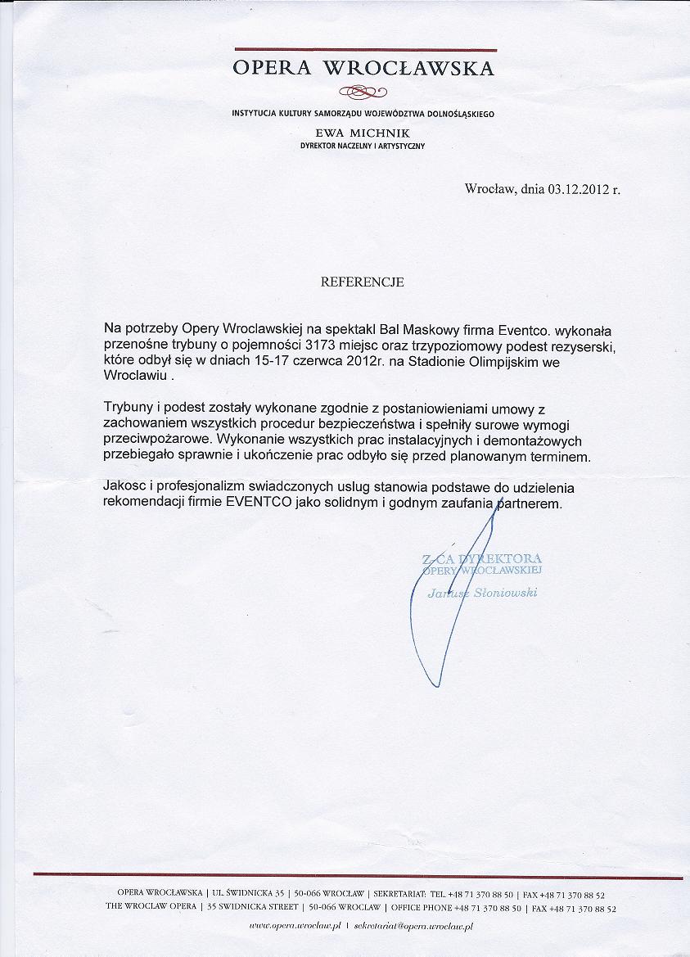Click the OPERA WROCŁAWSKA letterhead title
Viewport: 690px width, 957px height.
point(363,68)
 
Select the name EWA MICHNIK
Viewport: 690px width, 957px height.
point(363,133)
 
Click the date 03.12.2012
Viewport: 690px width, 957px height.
point(578,189)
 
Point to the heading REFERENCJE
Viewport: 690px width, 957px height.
point(363,282)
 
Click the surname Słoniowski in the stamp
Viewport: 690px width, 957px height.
point(506,593)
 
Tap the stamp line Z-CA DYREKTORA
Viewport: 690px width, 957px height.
point(481,558)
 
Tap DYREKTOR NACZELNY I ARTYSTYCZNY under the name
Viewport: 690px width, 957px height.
point(363,146)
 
